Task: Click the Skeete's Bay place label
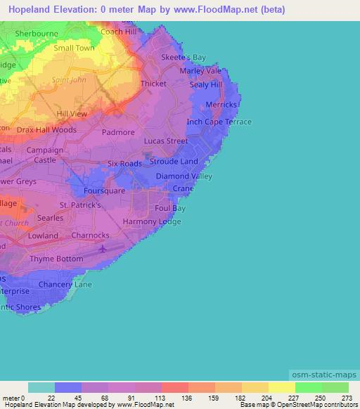184,58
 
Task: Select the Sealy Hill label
206,84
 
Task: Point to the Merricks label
221,105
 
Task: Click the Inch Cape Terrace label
219,122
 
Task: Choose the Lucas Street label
166,141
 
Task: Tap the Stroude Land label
174,161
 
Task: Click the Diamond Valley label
184,176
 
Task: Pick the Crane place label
183,189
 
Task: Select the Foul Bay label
170,209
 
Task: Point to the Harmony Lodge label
152,222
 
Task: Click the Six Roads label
124,164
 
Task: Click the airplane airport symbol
104,248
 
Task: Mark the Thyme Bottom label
56,259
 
